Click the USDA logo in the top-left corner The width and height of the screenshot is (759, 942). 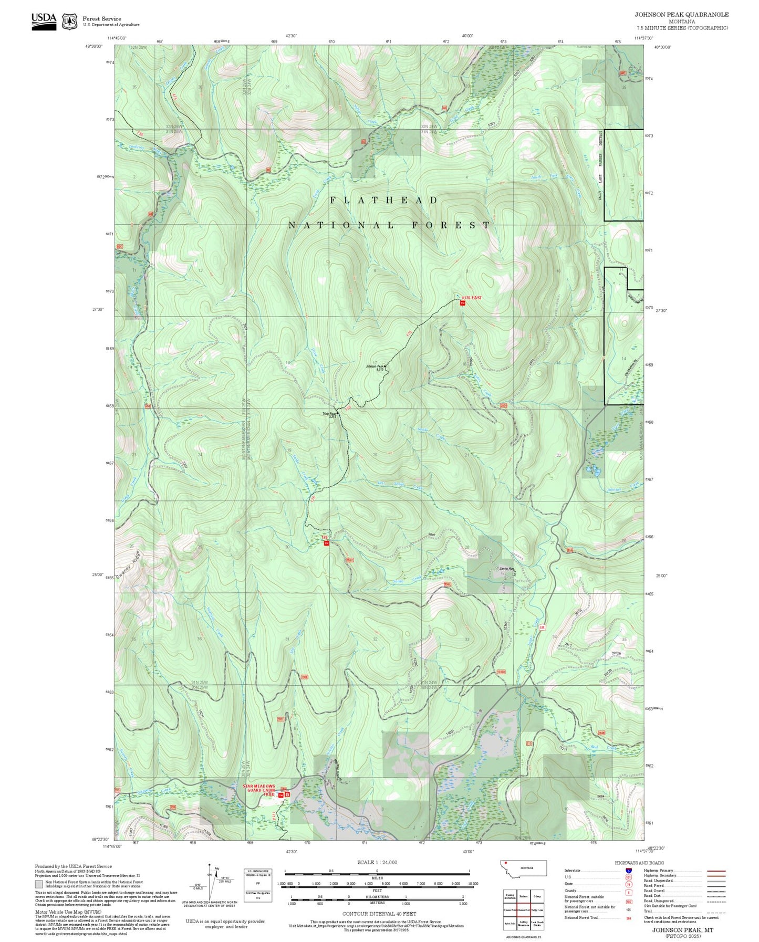coord(44,21)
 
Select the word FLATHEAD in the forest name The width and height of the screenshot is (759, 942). coord(384,200)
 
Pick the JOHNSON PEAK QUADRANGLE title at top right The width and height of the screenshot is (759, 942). coord(681,15)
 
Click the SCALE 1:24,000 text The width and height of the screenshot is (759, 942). coord(377,862)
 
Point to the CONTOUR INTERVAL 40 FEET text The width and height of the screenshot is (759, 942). coord(379,914)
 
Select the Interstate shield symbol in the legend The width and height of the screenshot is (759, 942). coord(629,871)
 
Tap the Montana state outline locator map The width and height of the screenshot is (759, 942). coord(523,868)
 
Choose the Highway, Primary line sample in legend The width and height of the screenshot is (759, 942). coord(716,871)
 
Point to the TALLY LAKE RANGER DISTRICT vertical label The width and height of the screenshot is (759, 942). coord(601,163)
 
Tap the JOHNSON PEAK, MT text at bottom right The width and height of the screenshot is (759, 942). coord(682,930)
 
